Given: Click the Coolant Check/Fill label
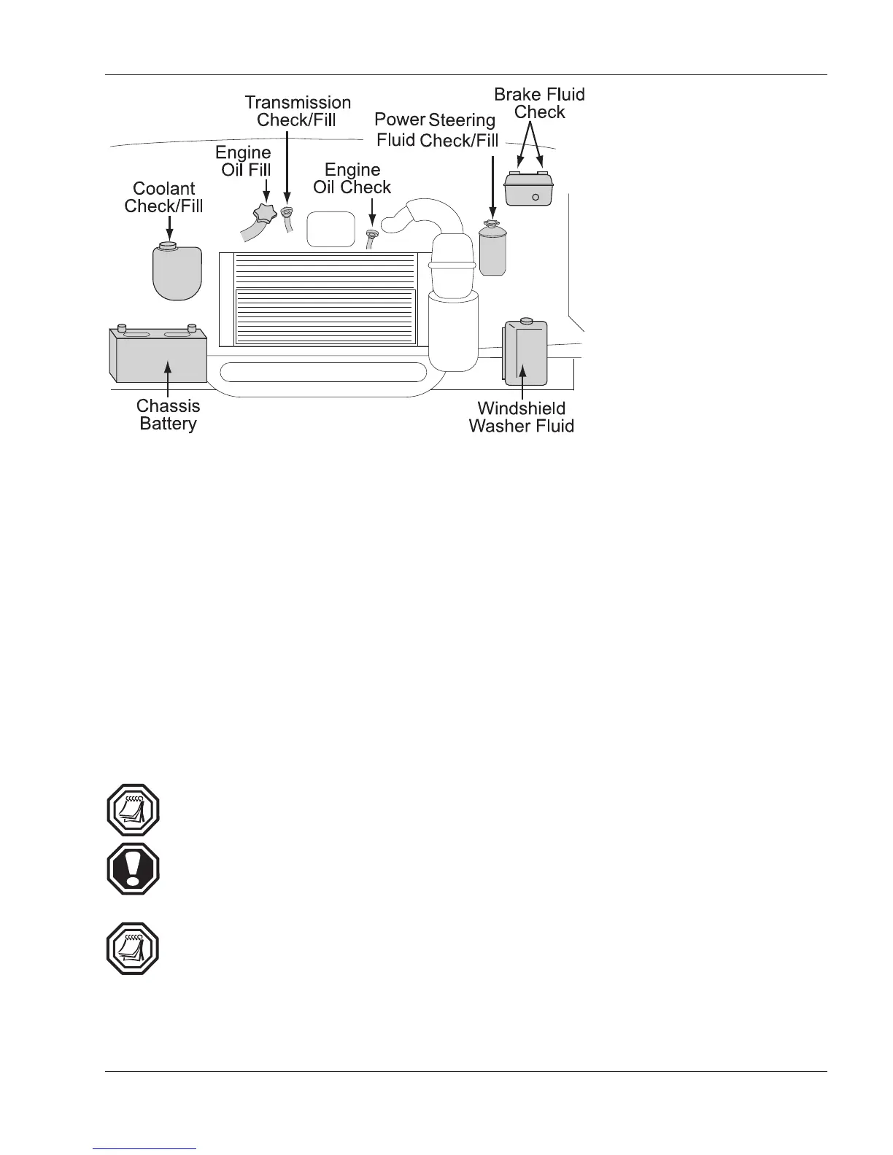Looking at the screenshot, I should (x=163, y=197).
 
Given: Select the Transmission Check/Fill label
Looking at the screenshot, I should (x=297, y=111).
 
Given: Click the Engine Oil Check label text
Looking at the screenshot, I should (x=352, y=178).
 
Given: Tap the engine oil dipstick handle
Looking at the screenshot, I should (x=372, y=236).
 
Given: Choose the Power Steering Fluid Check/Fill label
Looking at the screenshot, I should (x=436, y=130).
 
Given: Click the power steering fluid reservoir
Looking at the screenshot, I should (x=492, y=250).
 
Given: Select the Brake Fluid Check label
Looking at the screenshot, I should (x=539, y=103).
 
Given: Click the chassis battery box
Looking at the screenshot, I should (x=158, y=355).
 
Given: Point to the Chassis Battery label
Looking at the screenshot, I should (x=168, y=415).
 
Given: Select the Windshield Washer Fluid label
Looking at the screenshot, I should (x=521, y=417).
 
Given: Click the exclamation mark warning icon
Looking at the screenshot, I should (x=133, y=869).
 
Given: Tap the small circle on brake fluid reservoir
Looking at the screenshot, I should (x=536, y=198).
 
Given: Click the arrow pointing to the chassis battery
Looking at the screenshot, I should (x=168, y=379).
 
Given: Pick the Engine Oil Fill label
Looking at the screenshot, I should (x=244, y=161).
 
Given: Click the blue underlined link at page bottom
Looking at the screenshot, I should (x=145, y=1148).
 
